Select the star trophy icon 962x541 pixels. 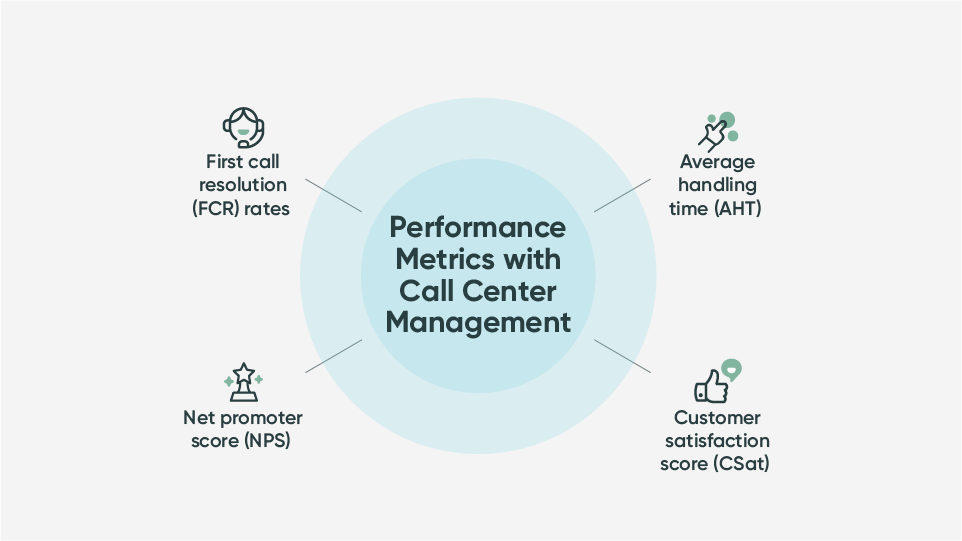tap(243, 382)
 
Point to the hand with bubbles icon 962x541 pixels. tap(717, 127)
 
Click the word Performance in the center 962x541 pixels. tap(477, 226)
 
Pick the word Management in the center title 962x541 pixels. tap(478, 322)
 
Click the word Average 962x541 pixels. tap(717, 161)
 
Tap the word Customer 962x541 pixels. tap(717, 417)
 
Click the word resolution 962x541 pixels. tap(243, 185)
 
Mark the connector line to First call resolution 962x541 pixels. tap(333, 195)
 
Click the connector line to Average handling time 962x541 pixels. tap(622, 195)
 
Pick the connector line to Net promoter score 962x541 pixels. tap(333, 356)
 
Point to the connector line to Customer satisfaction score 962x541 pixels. tap(622, 356)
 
